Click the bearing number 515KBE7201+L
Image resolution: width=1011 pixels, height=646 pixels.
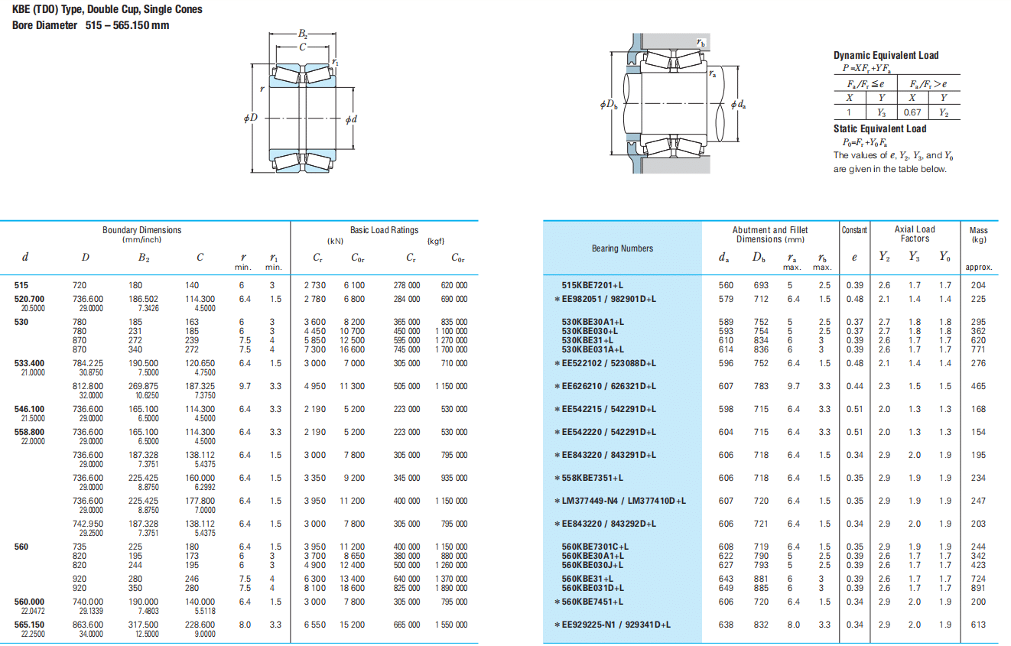pyautogui.click(x=592, y=285)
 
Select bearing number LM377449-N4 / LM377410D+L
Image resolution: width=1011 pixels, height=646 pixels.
pyautogui.click(x=624, y=501)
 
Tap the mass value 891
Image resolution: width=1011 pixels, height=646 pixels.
pyautogui.click(x=978, y=588)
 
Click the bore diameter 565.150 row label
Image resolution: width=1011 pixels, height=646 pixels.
pyautogui.click(x=29, y=625)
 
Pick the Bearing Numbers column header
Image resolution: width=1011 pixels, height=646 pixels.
pyautogui.click(x=623, y=248)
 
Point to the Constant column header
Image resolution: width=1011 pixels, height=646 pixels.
pyautogui.click(x=854, y=230)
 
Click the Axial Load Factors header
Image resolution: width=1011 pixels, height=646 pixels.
pyautogui.click(x=915, y=234)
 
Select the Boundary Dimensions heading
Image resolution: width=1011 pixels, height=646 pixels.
pyautogui.click(x=141, y=230)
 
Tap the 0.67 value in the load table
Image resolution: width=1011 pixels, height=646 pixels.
pyautogui.click(x=912, y=112)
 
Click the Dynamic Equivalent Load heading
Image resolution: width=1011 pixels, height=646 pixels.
pyautogui.click(x=886, y=56)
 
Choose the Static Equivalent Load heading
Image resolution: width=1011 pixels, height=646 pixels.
pyautogui.click(x=879, y=129)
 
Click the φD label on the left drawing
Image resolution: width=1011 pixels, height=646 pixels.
pyautogui.click(x=251, y=118)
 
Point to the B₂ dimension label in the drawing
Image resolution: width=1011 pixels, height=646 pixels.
pyautogui.click(x=302, y=34)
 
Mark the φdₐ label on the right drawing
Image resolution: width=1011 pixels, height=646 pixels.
pyautogui.click(x=739, y=105)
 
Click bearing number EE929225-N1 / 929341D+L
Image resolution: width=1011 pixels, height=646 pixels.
pyautogui.click(x=616, y=625)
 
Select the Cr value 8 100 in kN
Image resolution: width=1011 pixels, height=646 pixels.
pyautogui.click(x=314, y=588)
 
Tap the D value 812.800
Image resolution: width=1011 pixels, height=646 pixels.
pyautogui.click(x=87, y=386)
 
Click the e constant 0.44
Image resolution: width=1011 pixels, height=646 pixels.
pyautogui.click(x=854, y=386)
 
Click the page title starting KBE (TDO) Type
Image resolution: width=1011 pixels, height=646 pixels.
pyautogui.click(x=107, y=9)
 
